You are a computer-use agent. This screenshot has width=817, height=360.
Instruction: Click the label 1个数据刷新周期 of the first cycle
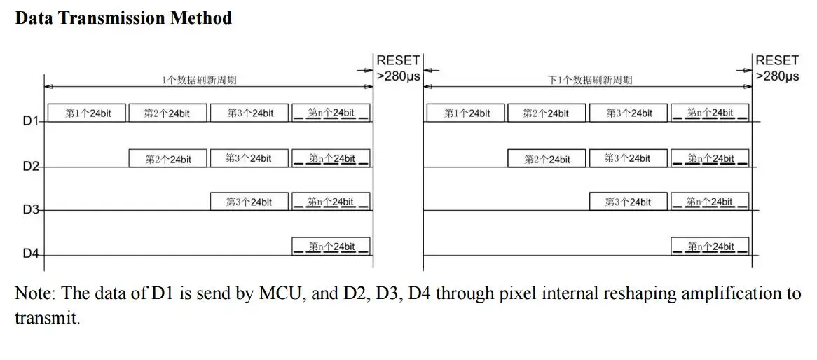click(x=199, y=80)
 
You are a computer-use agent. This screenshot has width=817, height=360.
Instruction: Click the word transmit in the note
click(x=47, y=318)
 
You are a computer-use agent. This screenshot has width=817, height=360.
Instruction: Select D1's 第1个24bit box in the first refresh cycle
click(x=87, y=113)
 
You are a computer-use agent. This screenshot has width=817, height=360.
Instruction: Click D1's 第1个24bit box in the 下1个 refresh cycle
click(x=465, y=113)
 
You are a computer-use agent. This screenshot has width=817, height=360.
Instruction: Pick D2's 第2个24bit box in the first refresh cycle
click(x=168, y=159)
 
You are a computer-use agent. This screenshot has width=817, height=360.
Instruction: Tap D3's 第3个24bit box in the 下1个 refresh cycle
click(x=628, y=202)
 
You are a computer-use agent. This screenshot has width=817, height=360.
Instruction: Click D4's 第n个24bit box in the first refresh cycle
click(x=331, y=247)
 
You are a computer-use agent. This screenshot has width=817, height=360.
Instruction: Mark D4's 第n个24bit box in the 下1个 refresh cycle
click(x=710, y=247)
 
